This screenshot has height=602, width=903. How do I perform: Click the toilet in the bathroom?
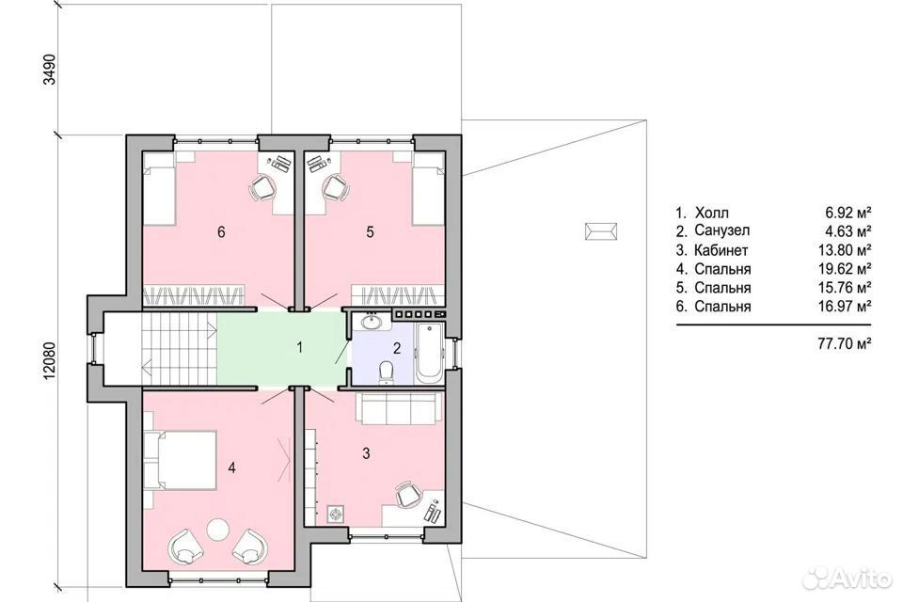[386, 372]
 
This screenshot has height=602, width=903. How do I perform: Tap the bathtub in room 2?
[429, 353]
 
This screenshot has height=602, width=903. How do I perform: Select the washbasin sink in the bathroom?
[372, 322]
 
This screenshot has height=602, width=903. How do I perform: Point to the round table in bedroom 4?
[218, 529]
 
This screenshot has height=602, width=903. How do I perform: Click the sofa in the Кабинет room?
[397, 408]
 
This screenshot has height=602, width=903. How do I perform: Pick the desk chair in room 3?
[407, 495]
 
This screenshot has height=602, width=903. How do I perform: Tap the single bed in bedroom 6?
[158, 189]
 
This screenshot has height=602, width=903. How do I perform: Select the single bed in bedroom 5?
[429, 189]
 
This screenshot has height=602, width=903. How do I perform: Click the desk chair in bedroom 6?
[262, 188]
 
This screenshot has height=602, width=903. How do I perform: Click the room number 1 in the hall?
[299, 347]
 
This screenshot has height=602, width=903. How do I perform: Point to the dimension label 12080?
[50, 361]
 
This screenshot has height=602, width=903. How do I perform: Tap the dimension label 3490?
[50, 70]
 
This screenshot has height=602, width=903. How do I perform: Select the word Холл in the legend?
[711, 213]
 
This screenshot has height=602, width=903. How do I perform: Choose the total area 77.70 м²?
[845, 344]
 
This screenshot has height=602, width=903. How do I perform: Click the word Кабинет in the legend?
[721, 250]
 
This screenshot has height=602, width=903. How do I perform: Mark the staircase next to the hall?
[179, 348]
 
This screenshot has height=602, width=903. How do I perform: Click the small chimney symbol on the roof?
[601, 231]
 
